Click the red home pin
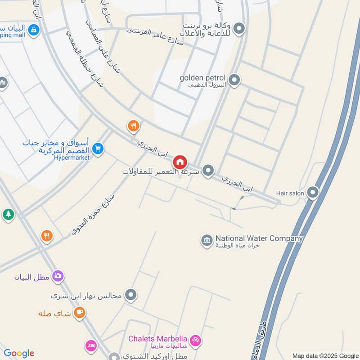pos(180,162)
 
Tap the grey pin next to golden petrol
pos(234,81)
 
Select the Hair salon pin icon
pos(313,193)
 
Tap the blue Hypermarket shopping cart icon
pos(98,148)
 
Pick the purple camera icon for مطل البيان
pos(58,276)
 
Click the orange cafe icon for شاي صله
pos(79,312)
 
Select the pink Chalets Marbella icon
pos(196,340)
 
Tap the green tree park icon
pos(8,214)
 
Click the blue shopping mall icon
pos(33,30)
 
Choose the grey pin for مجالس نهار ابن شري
pos(131,295)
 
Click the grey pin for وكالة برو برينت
pos(239,29)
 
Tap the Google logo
pos(19,353)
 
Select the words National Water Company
pos(259,238)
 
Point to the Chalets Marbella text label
pos(157,338)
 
